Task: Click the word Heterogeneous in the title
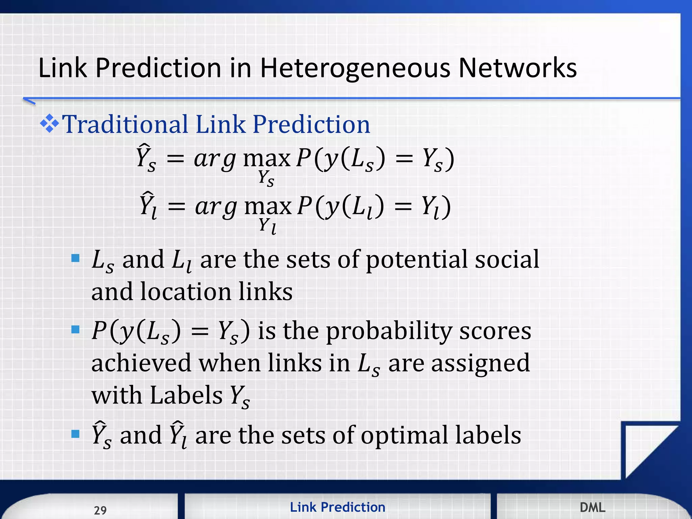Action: coord(355,69)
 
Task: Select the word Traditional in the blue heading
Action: coord(125,124)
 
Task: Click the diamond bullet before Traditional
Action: coord(49,124)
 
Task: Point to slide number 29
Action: coord(100,510)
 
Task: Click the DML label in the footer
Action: coord(592,507)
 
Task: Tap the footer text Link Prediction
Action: coord(337,507)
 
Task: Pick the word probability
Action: coord(389,331)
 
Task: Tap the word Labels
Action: coord(186,395)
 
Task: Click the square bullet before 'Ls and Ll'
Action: coord(75,259)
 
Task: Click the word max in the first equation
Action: coord(267,158)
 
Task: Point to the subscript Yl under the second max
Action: coord(267,225)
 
